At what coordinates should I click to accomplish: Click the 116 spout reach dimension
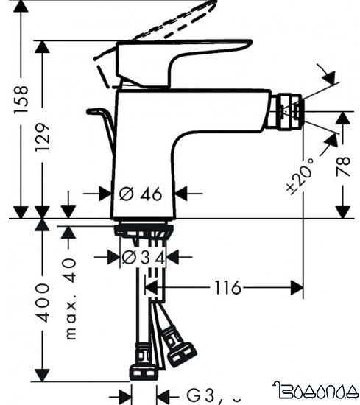(227, 288)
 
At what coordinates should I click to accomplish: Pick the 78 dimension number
(344, 166)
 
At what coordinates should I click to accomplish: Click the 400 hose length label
(43, 301)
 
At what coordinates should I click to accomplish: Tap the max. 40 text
(70, 297)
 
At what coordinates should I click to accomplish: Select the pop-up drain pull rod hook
(102, 118)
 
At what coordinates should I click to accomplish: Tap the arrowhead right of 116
(296, 288)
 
